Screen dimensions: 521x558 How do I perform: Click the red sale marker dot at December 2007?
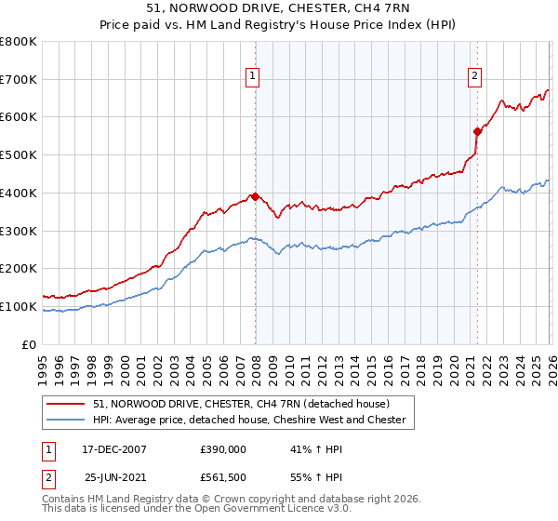(254, 196)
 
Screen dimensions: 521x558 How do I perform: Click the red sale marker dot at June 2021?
(477, 131)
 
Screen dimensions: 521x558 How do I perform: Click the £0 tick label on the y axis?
(30, 344)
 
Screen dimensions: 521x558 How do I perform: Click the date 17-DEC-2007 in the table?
(113, 448)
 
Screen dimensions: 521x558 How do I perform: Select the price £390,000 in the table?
(222, 448)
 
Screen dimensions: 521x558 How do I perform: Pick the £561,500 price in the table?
(222, 476)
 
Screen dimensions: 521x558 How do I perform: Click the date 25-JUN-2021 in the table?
(113, 476)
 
